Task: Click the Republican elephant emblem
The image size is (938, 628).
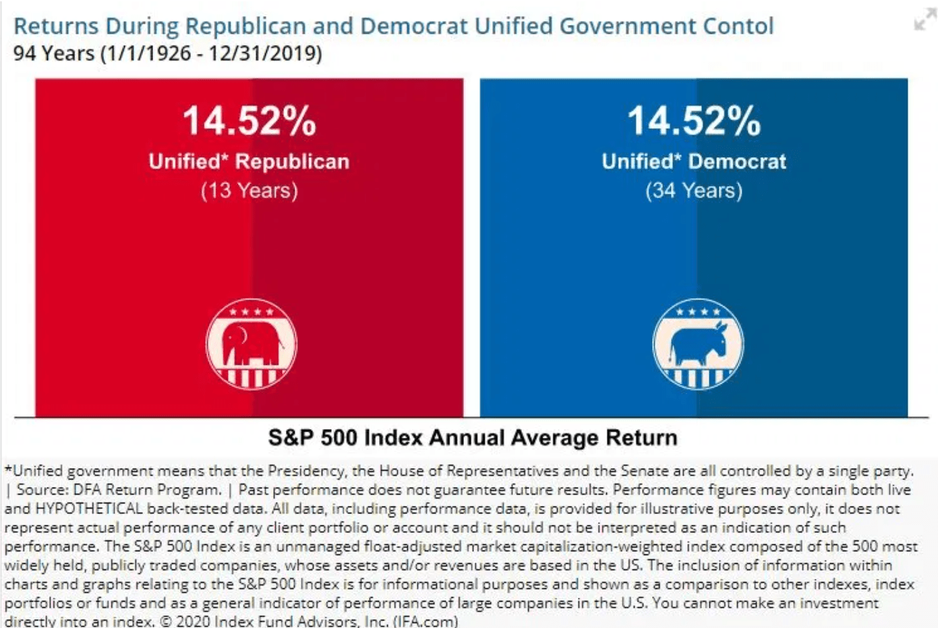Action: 251,344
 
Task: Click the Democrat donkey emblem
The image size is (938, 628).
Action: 698,344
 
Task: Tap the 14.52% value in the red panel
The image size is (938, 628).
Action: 249,121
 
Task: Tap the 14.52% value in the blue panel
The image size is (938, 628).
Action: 694,121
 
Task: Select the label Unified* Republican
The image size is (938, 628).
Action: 249,162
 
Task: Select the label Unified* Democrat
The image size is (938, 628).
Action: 694,162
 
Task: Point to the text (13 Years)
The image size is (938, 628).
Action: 249,191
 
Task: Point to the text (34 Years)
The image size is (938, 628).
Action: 694,191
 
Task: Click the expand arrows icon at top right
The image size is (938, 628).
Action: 924,20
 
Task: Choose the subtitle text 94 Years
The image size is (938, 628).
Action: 54,53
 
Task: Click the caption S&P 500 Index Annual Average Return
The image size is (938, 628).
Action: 473,438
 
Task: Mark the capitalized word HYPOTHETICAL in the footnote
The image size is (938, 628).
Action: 88,509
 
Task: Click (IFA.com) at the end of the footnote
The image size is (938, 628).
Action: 426,621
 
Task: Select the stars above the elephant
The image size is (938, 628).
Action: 251,312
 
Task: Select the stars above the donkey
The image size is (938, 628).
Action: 698,312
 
